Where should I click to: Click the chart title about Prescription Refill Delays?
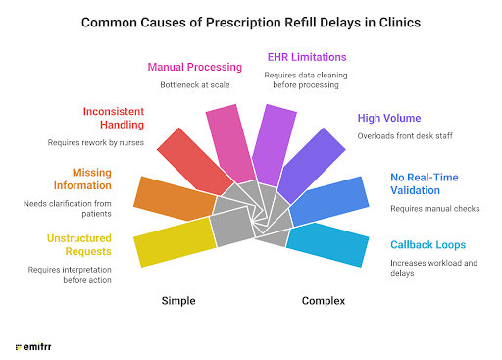[250, 21]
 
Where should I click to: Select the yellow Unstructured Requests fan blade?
[176, 240]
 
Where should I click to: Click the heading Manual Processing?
[194, 68]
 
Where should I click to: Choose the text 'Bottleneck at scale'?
[194, 85]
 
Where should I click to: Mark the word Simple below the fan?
[177, 300]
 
